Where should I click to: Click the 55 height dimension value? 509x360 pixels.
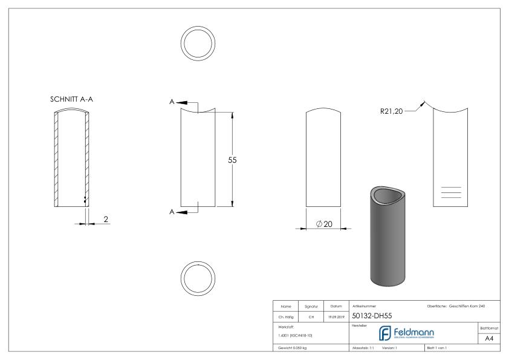click(232, 160)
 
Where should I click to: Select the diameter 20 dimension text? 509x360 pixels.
click(325, 224)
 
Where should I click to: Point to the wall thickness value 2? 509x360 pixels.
click(106, 219)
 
